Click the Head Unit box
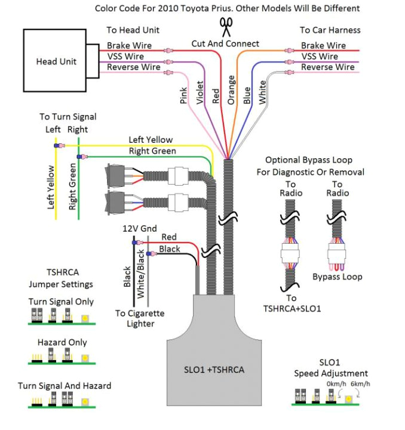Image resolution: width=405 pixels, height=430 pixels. pyautogui.click(x=56, y=61)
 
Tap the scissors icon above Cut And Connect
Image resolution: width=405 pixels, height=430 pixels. pyautogui.click(x=226, y=27)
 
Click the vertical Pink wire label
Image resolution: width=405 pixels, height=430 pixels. pyautogui.click(x=184, y=96)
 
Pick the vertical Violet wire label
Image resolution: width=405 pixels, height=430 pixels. pyautogui.click(x=200, y=93)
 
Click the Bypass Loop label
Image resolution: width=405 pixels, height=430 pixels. pyautogui.click(x=337, y=277)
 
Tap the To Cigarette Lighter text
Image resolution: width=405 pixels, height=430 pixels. pyautogui.click(x=140, y=318)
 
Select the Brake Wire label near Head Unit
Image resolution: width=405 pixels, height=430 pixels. pyautogui.click(x=129, y=45)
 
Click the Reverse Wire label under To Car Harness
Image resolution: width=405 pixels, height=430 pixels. pyautogui.click(x=323, y=67)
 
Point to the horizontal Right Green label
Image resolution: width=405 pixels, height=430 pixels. pyautogui.click(x=152, y=151)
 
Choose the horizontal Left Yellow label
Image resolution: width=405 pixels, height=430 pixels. pyautogui.click(x=151, y=140)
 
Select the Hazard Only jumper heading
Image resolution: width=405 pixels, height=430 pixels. pyautogui.click(x=62, y=342)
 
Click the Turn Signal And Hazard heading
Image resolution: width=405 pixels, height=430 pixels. pyautogui.click(x=65, y=386)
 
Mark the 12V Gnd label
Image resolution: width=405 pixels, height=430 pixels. pyautogui.click(x=139, y=229)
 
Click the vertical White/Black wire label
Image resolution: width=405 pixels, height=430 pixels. pyautogui.click(x=141, y=274)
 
